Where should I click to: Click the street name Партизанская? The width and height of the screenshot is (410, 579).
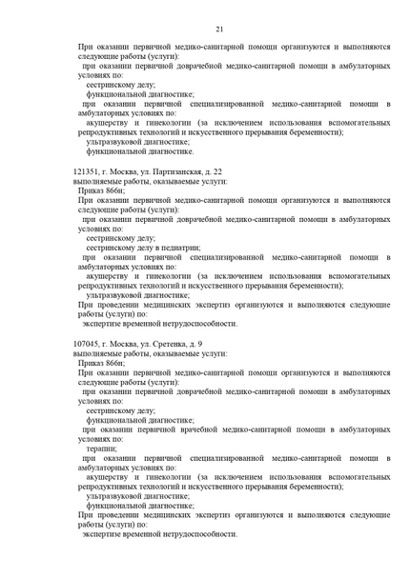[x=166, y=170]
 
